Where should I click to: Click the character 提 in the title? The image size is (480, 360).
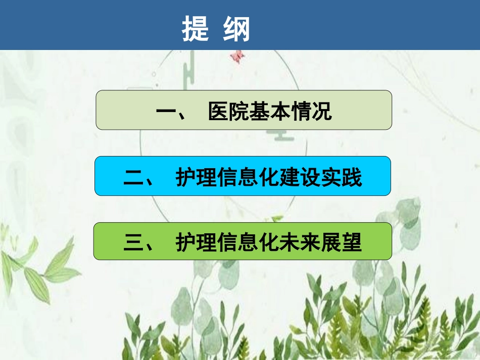196,30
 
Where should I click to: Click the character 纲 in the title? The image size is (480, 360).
236,30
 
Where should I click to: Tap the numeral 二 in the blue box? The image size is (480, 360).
133,178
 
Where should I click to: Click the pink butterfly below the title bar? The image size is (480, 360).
235,56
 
